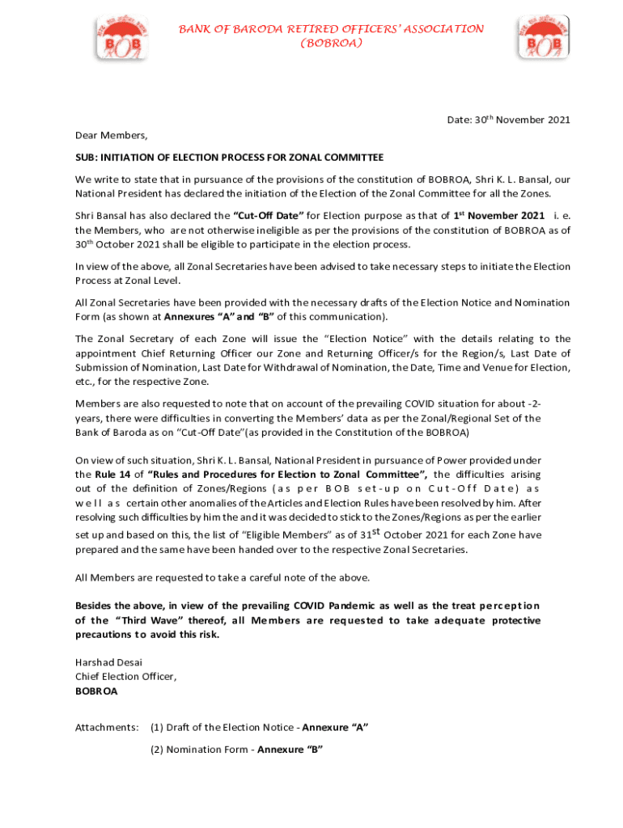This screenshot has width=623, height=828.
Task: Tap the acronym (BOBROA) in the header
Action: [x=331, y=43]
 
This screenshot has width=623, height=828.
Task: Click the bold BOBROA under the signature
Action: [x=96, y=691]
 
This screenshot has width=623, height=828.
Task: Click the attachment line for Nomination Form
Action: [x=236, y=750]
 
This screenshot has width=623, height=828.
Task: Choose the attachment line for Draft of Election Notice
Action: [x=259, y=728]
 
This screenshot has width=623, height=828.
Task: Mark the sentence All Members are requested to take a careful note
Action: [x=222, y=577]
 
